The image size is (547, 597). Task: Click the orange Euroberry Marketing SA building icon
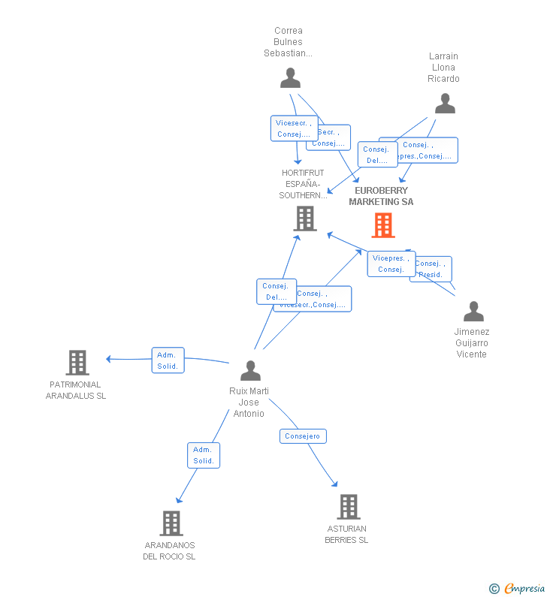pyautogui.click(x=383, y=225)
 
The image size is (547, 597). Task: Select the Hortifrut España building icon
pyautogui.click(x=305, y=219)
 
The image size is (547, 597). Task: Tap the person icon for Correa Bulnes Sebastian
pyautogui.click(x=290, y=78)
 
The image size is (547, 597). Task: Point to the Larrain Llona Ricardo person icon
pyautogui.click(x=445, y=104)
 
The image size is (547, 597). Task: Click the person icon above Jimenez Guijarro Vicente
pyautogui.click(x=473, y=311)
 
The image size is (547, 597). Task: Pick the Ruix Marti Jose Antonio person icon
pyautogui.click(x=250, y=370)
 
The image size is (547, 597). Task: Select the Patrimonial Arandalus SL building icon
pyautogui.click(x=77, y=363)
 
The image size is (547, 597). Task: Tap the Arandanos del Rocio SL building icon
pyautogui.click(x=171, y=523)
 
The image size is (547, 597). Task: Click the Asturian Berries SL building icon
pyautogui.click(x=348, y=507)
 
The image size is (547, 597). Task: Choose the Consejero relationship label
pyautogui.click(x=303, y=436)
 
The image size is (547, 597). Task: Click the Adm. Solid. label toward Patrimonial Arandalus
pyautogui.click(x=168, y=360)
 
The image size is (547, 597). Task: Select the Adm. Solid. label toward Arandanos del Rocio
pyautogui.click(x=204, y=455)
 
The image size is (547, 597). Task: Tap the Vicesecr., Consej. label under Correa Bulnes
pyautogui.click(x=293, y=128)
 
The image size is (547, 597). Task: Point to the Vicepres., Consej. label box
pyautogui.click(x=391, y=264)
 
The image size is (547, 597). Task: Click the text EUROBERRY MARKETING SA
pyautogui.click(x=381, y=196)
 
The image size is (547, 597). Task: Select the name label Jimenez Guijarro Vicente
pyautogui.click(x=472, y=343)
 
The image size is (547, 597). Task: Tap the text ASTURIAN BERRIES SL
pyautogui.click(x=346, y=534)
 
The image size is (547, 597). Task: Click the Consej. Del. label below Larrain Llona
pyautogui.click(x=376, y=155)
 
